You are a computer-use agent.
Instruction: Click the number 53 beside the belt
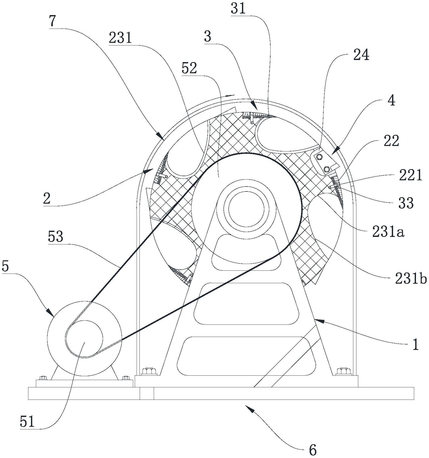click(55, 237)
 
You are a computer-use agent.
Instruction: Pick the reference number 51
click(27, 422)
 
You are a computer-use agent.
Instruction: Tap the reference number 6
click(313, 450)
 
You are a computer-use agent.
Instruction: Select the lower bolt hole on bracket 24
click(327, 169)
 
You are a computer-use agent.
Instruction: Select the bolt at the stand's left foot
click(149, 371)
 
